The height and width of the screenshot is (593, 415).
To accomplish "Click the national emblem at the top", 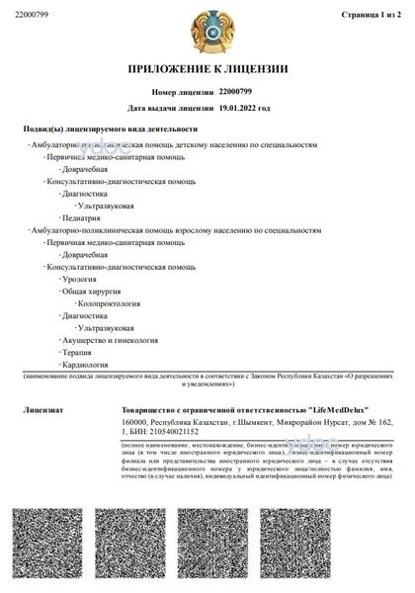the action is click(207, 31).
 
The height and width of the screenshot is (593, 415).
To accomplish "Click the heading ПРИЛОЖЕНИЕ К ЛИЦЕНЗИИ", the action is click(207, 69).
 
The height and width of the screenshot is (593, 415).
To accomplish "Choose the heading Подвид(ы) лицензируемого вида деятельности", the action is click(110, 129).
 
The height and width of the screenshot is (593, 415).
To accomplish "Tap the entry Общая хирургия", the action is click(91, 292).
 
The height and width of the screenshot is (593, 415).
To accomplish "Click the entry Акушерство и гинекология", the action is click(110, 340).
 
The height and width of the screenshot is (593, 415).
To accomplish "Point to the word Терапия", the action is click(77, 352).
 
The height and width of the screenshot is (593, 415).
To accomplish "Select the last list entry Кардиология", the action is click(85, 364).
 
